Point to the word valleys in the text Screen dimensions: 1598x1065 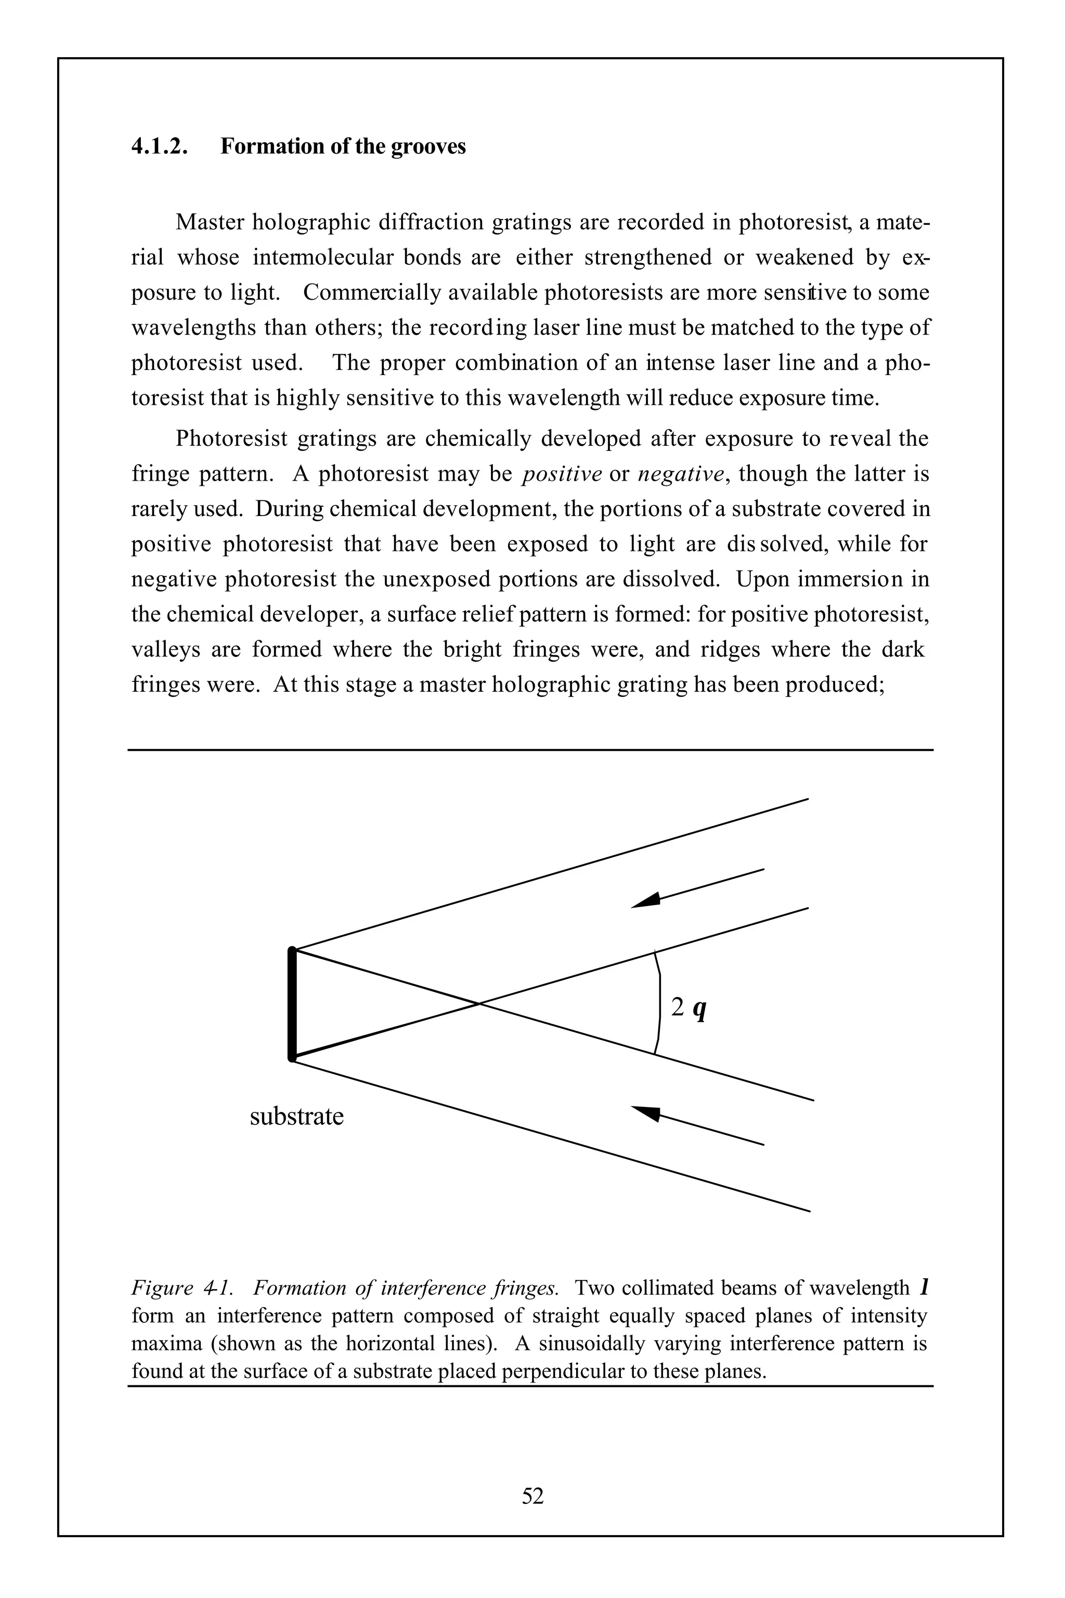tap(165, 650)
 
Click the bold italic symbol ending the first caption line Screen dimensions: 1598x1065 tap(924, 1287)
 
